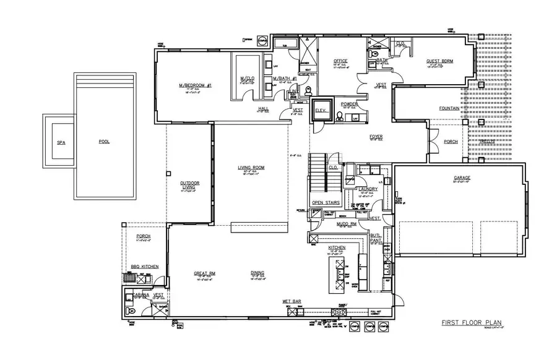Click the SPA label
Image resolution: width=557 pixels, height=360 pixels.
tap(61, 142)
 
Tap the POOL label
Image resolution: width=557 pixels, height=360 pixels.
tap(104, 142)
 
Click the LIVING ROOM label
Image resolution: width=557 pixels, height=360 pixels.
tap(251, 168)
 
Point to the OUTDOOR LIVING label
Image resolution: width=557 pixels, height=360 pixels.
tap(189, 185)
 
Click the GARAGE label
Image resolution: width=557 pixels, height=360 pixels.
tap(462, 178)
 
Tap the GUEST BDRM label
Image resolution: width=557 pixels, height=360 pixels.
tap(438, 61)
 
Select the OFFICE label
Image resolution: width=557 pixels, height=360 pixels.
tap(340, 61)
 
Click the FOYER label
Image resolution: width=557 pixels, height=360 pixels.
tap(376, 136)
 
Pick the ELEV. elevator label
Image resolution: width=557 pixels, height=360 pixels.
tap(321, 110)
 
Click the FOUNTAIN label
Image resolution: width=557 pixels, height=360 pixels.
tap(449, 108)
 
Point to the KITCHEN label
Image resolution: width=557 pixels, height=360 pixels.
tap(337, 247)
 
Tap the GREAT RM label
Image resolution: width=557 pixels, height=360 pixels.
tap(204, 273)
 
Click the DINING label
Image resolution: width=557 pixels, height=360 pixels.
tap(258, 273)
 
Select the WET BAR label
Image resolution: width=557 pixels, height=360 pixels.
tap(291, 301)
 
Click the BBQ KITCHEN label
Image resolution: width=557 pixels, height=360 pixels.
tap(144, 266)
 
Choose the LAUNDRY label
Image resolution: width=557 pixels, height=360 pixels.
tap(368, 189)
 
